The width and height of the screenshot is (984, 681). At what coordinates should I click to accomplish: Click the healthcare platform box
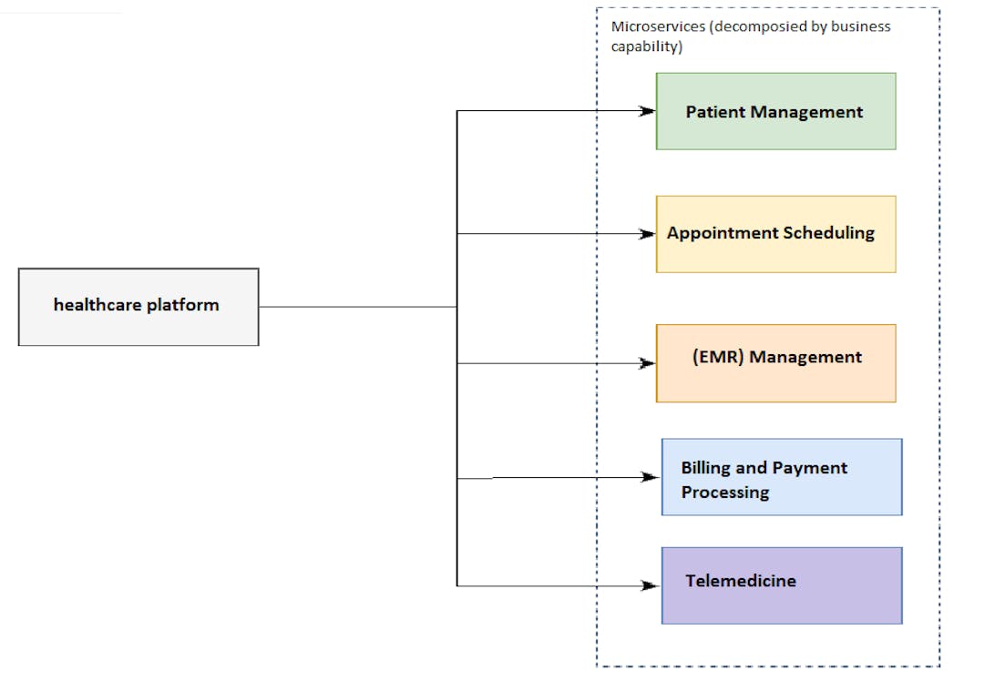pyautogui.click(x=138, y=307)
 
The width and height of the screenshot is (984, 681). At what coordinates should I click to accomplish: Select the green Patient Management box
pyautogui.click(x=775, y=111)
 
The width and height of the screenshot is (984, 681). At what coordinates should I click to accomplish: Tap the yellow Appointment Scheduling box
pyautogui.click(x=775, y=234)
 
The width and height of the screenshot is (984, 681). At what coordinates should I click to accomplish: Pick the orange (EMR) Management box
pyautogui.click(x=775, y=363)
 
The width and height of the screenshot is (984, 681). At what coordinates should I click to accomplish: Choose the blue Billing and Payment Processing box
pyautogui.click(x=782, y=477)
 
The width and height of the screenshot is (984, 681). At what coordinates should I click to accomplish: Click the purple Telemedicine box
pyautogui.click(x=782, y=585)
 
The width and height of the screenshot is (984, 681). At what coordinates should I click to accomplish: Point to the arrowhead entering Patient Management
pyautogui.click(x=648, y=111)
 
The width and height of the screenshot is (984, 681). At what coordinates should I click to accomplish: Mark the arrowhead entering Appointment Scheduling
pyautogui.click(x=648, y=234)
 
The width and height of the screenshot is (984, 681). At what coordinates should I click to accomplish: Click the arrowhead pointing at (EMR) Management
pyautogui.click(x=648, y=363)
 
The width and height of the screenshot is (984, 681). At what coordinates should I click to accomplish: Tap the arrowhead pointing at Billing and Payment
pyautogui.click(x=651, y=477)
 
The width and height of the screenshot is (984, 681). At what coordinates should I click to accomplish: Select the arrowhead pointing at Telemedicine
pyautogui.click(x=651, y=585)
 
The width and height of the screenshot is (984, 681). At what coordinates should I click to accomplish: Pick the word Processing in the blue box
pyautogui.click(x=725, y=493)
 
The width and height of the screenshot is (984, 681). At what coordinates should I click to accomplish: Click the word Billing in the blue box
pyautogui.click(x=705, y=468)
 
